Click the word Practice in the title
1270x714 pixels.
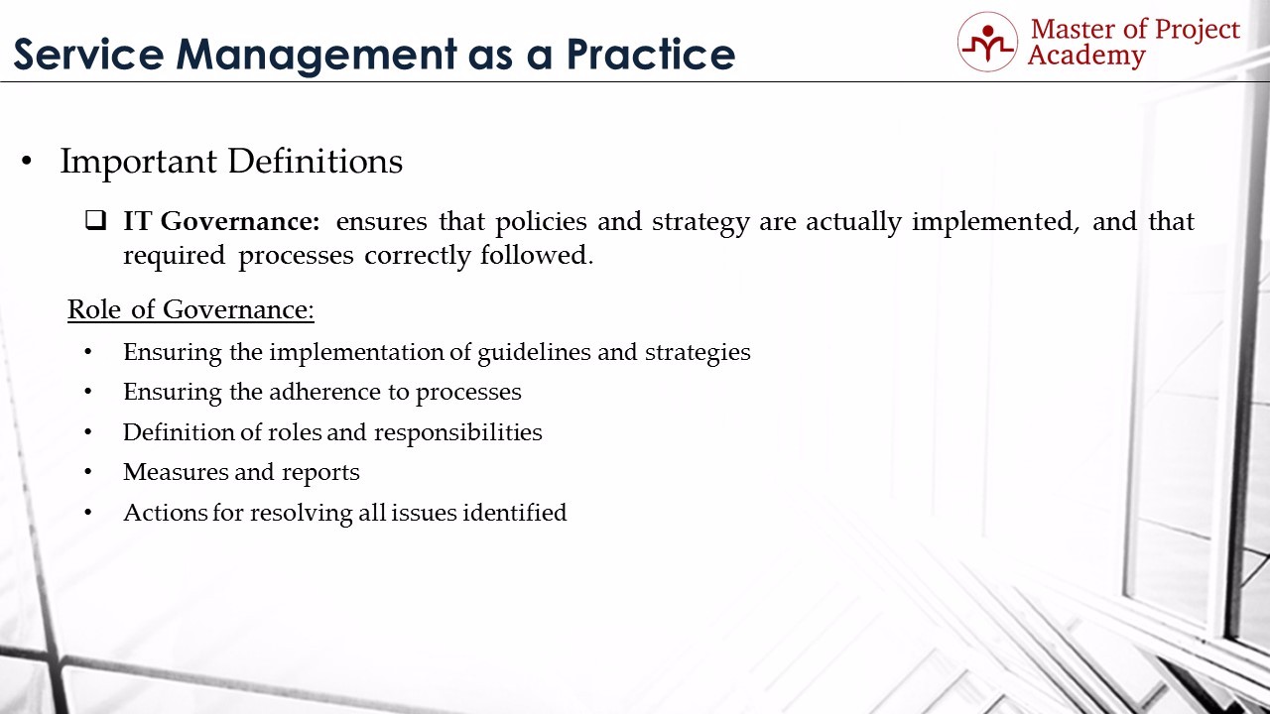[650, 55]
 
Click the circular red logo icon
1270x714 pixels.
[987, 42]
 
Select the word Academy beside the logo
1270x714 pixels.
[1086, 57]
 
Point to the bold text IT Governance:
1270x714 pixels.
[221, 221]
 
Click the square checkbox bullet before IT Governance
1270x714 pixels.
[96, 220]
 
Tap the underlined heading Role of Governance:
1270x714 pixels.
[190, 309]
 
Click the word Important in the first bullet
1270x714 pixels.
[138, 162]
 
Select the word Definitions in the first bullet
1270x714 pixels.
[316, 161]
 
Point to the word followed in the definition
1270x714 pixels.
[537, 255]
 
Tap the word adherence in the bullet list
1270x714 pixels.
[324, 392]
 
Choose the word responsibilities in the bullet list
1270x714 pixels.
[458, 432]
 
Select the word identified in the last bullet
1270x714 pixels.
[515, 513]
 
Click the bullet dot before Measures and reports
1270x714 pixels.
[88, 472]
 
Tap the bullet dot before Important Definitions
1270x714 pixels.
[26, 162]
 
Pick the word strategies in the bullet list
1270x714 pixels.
[698, 352]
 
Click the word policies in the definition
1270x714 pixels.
[541, 221]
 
